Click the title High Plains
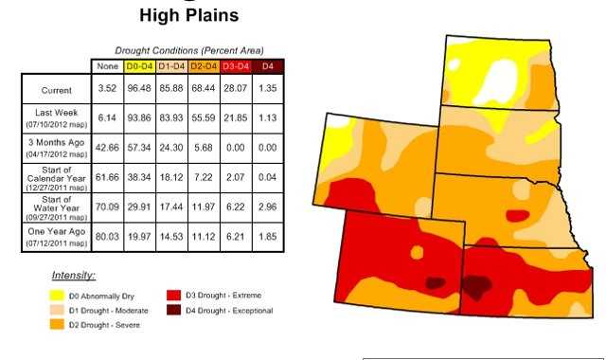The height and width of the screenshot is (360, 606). point(188,16)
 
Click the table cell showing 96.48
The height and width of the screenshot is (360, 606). point(140,91)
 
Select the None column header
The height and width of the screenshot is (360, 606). point(106,65)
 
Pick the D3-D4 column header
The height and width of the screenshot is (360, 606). point(235,65)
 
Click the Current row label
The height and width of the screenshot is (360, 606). point(56,91)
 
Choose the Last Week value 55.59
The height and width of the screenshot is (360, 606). point(204,119)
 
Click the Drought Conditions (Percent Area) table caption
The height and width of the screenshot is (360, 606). point(189,49)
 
